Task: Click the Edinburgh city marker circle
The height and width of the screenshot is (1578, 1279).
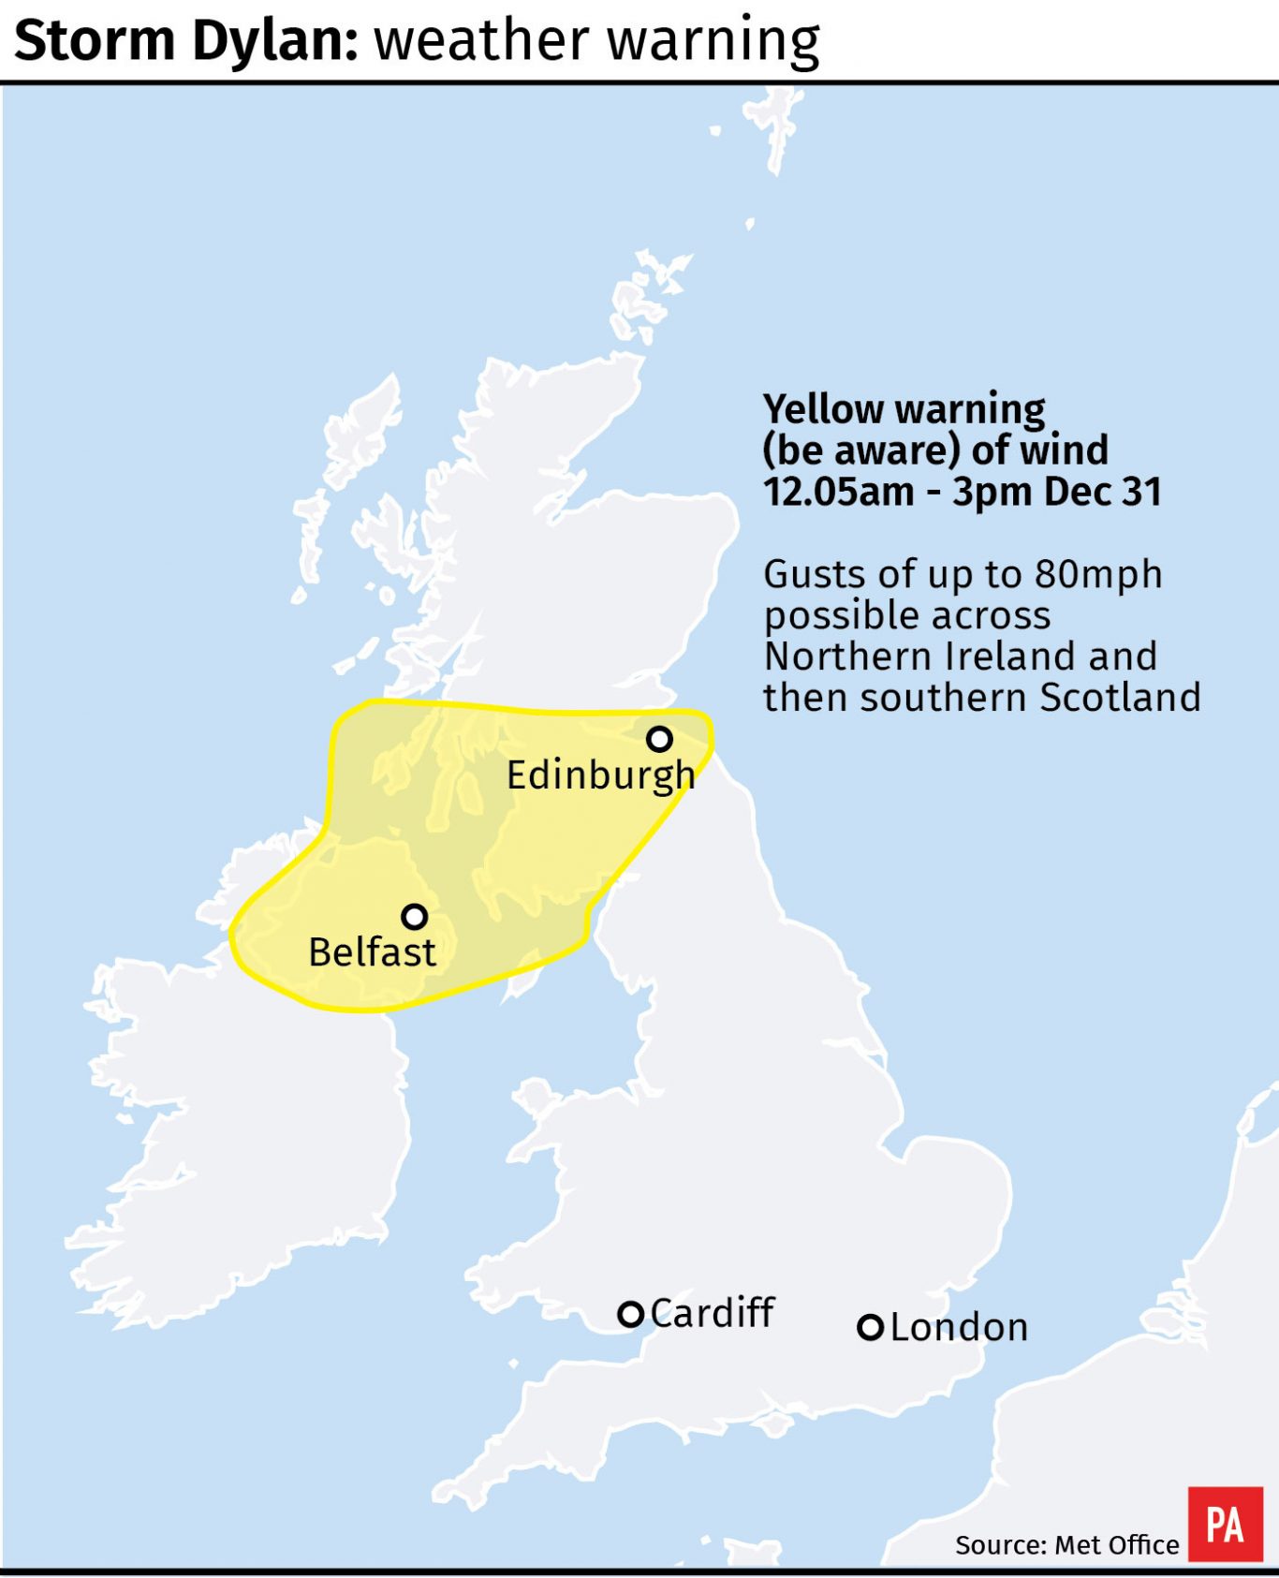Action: click(x=659, y=739)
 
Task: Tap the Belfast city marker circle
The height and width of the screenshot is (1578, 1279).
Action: click(x=414, y=916)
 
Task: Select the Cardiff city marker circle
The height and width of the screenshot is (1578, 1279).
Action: click(x=631, y=1314)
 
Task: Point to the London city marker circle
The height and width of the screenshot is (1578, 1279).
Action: click(x=871, y=1327)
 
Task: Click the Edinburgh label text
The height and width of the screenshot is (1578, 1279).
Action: click(x=600, y=775)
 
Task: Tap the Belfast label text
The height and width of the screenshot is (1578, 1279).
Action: click(x=372, y=952)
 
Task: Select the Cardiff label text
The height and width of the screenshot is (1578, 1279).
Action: click(x=712, y=1313)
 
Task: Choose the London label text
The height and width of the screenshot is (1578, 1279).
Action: click(x=959, y=1328)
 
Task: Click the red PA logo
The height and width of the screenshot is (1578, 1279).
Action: click(x=1225, y=1524)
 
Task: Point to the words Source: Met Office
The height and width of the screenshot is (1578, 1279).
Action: click(x=1066, y=1545)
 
